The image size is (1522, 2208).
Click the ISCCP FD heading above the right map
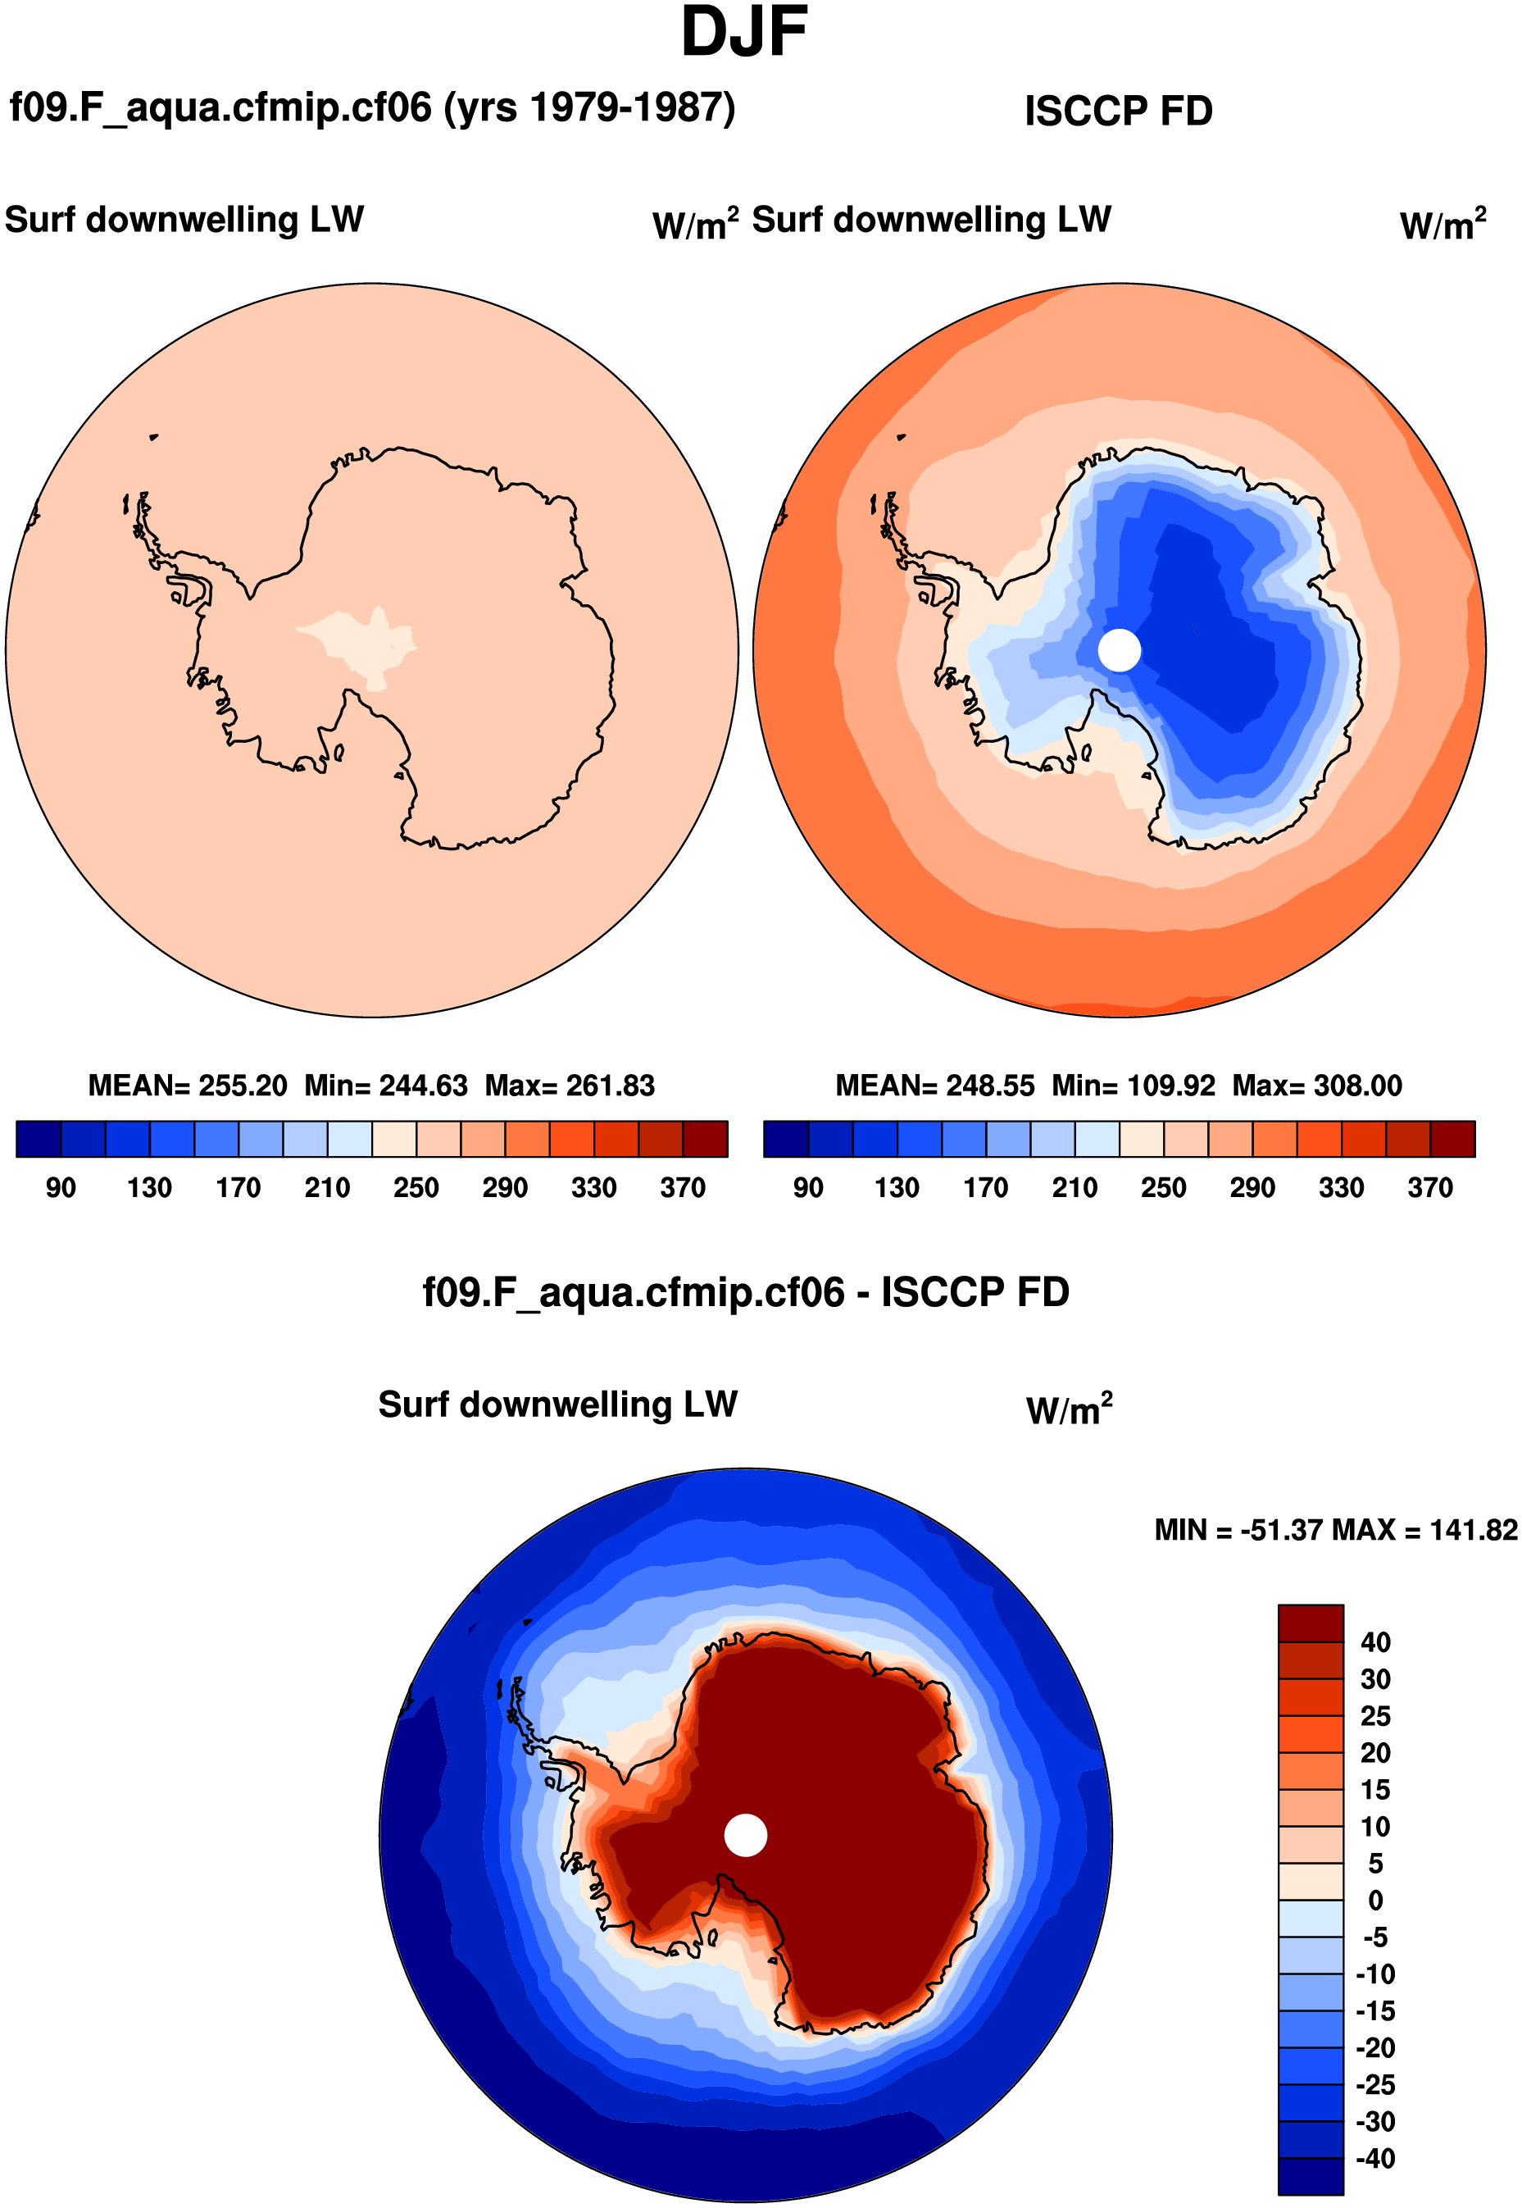(x=1118, y=112)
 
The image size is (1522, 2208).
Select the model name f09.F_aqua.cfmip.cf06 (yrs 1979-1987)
(x=372, y=107)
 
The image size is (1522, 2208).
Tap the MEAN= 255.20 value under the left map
(x=188, y=1086)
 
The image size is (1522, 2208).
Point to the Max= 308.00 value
(x=1317, y=1086)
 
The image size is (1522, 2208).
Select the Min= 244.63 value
(x=386, y=1086)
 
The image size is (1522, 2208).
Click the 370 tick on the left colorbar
(x=683, y=1187)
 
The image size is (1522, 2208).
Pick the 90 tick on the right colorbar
(x=808, y=1187)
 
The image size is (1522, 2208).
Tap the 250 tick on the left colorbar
(x=416, y=1187)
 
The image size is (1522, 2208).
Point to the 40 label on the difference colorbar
(x=1375, y=1642)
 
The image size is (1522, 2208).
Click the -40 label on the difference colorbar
(x=1375, y=2159)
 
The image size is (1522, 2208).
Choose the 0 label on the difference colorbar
(x=1375, y=1901)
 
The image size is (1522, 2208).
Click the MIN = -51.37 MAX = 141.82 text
(x=1335, y=1531)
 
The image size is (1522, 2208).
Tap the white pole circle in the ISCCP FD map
(x=1119, y=650)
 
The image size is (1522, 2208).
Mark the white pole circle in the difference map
(x=745, y=1836)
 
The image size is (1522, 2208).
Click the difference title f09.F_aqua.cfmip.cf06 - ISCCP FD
(x=746, y=1292)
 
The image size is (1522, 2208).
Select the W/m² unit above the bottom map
(x=1069, y=1409)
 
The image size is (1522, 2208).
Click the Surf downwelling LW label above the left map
(x=184, y=221)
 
